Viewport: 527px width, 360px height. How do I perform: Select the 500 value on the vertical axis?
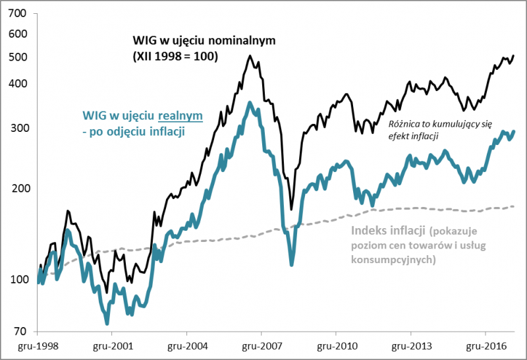17,57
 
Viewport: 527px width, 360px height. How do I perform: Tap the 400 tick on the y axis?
17,84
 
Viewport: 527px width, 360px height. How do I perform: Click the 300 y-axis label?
17,128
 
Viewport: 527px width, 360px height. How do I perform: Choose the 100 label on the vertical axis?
17,280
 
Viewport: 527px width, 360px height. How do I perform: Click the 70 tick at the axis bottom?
20,332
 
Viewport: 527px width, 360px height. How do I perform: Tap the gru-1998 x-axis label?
36,345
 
